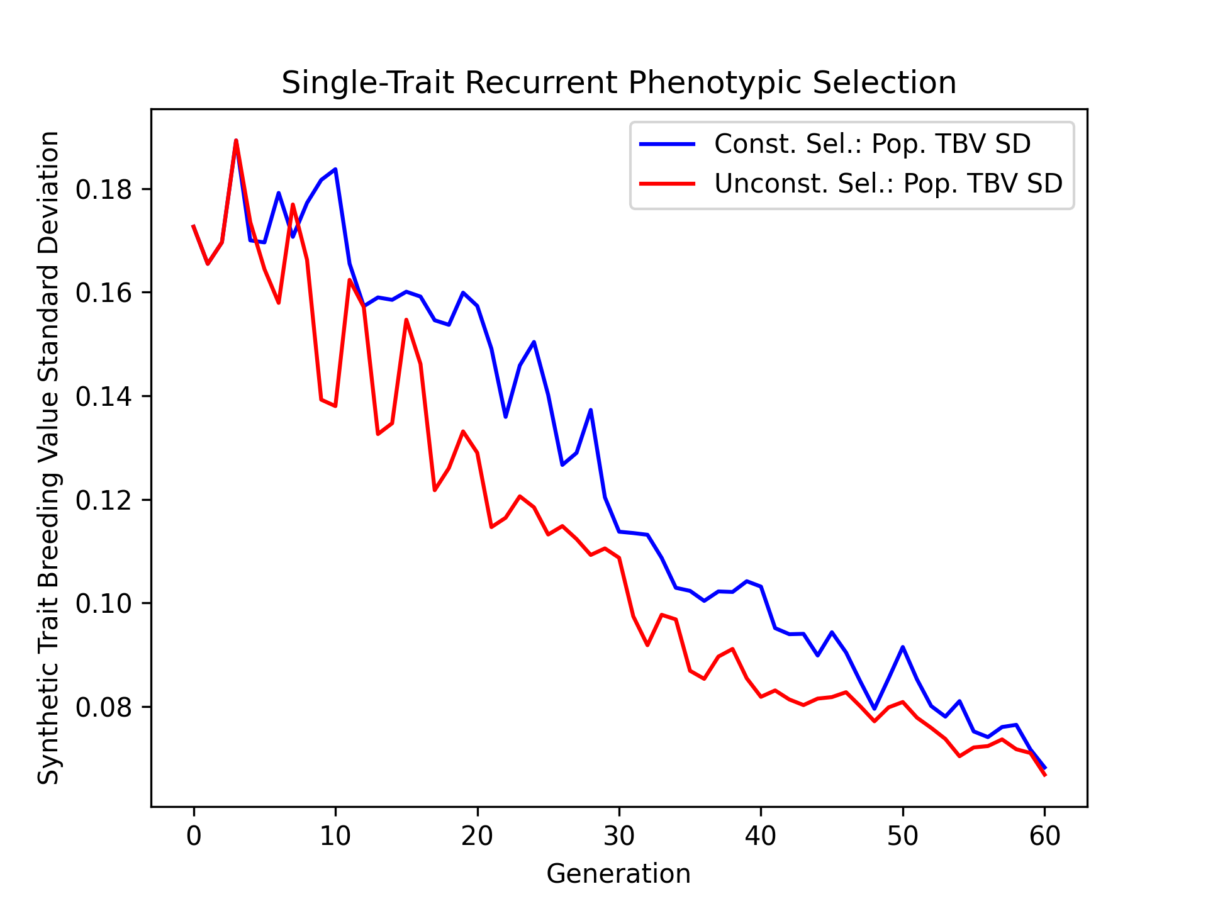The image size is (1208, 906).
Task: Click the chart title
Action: tap(618, 83)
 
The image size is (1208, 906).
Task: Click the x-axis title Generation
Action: tap(618, 874)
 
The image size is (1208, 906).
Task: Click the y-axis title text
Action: tap(48, 457)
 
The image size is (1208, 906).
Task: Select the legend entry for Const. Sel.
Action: tap(872, 144)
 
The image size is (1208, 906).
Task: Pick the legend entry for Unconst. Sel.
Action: tap(888, 183)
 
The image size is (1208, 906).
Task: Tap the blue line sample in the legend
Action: tap(667, 144)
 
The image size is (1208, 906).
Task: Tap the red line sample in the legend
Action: tap(667, 183)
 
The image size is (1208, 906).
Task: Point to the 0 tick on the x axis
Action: tap(194, 836)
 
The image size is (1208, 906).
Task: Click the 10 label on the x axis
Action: tap(335, 836)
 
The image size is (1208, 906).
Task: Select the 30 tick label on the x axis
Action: tap(619, 836)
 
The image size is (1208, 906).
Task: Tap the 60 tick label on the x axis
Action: tap(1044, 836)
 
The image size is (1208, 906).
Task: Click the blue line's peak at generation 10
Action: tap(335, 169)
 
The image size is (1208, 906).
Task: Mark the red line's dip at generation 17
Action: tap(435, 490)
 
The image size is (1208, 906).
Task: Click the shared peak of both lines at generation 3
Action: tap(236, 140)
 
